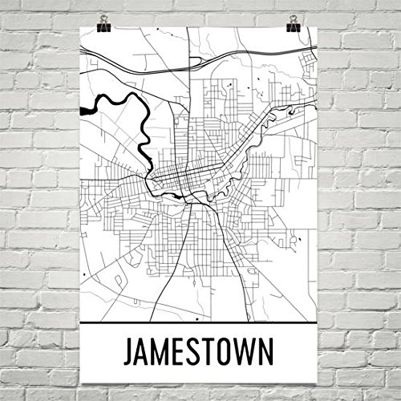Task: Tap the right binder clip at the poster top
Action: [x=293, y=23]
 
